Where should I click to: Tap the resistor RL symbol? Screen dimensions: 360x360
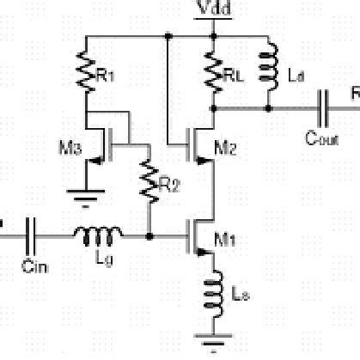point(213,73)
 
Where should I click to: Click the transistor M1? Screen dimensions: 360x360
point(199,234)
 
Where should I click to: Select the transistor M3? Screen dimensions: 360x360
point(107,143)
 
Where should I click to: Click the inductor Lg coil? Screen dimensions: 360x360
point(98,233)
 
